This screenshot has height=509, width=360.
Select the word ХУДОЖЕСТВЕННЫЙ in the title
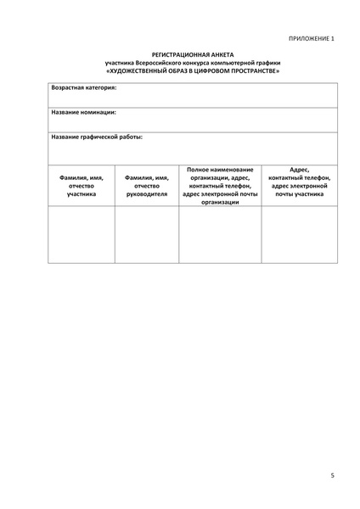141,70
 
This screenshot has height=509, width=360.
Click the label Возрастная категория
84,87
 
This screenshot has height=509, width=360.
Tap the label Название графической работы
97,136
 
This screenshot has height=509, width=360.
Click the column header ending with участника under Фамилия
82,186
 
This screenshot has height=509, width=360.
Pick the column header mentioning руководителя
146,186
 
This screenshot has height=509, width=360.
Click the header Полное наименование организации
220,186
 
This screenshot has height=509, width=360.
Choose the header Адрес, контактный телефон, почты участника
298,182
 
